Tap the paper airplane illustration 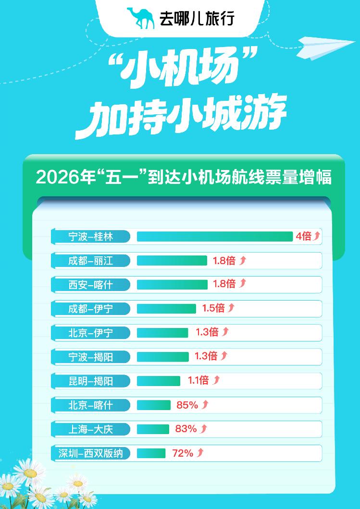click(323, 48)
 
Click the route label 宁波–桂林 click(90, 236)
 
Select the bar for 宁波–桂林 click(214, 236)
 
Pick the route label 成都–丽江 click(90, 260)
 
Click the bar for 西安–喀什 click(172, 284)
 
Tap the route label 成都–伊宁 click(90, 308)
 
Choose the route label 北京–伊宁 click(90, 332)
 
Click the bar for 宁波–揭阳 click(163, 356)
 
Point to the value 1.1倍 click(198, 381)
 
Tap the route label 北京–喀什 click(90, 405)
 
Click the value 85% click(187, 405)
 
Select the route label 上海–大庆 click(90, 429)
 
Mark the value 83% click(186, 429)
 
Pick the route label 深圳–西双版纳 click(90, 453)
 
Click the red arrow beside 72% click(200, 453)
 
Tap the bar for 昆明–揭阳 click(159, 381)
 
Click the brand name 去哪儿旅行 click(197, 19)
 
